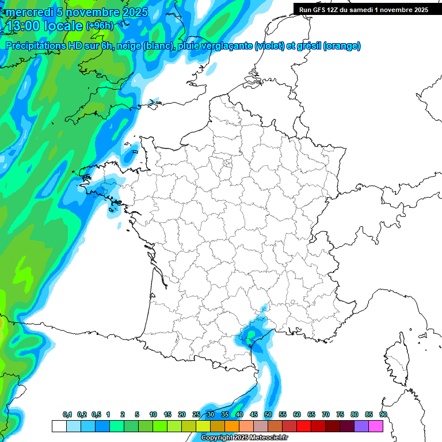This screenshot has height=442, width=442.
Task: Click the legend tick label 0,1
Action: tap(67, 414)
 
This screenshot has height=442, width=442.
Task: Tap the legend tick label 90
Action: tap(383, 414)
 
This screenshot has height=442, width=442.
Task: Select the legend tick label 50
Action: tap(268, 414)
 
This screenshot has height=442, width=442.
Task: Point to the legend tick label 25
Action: tap(196, 414)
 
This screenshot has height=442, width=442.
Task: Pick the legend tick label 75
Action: tap(340, 414)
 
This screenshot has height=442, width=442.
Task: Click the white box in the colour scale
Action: tap(59, 426)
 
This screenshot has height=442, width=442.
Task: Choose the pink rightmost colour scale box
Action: tap(376, 426)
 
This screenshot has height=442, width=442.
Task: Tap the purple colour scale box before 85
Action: tap(361, 426)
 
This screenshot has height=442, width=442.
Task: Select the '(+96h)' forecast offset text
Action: tap(100, 26)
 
